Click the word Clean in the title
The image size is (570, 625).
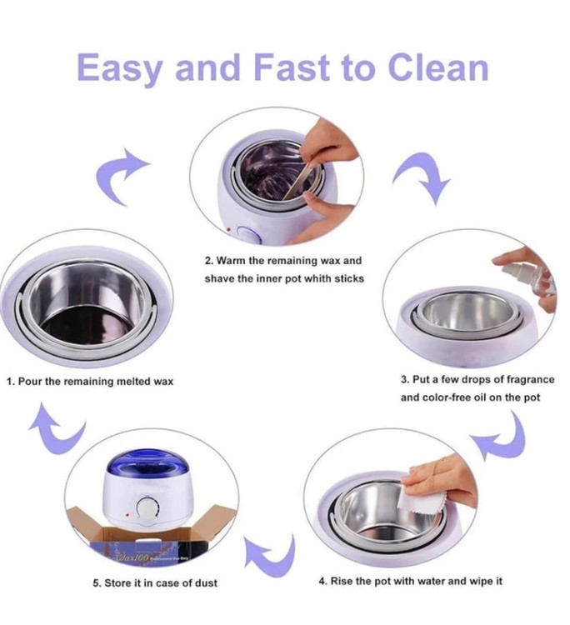point(437,67)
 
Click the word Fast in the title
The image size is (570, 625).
point(292,67)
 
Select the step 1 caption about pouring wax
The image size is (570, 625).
point(90,382)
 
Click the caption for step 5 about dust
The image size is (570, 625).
point(155,582)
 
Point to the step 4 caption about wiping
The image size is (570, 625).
point(411,581)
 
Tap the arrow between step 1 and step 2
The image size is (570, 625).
point(118,174)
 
